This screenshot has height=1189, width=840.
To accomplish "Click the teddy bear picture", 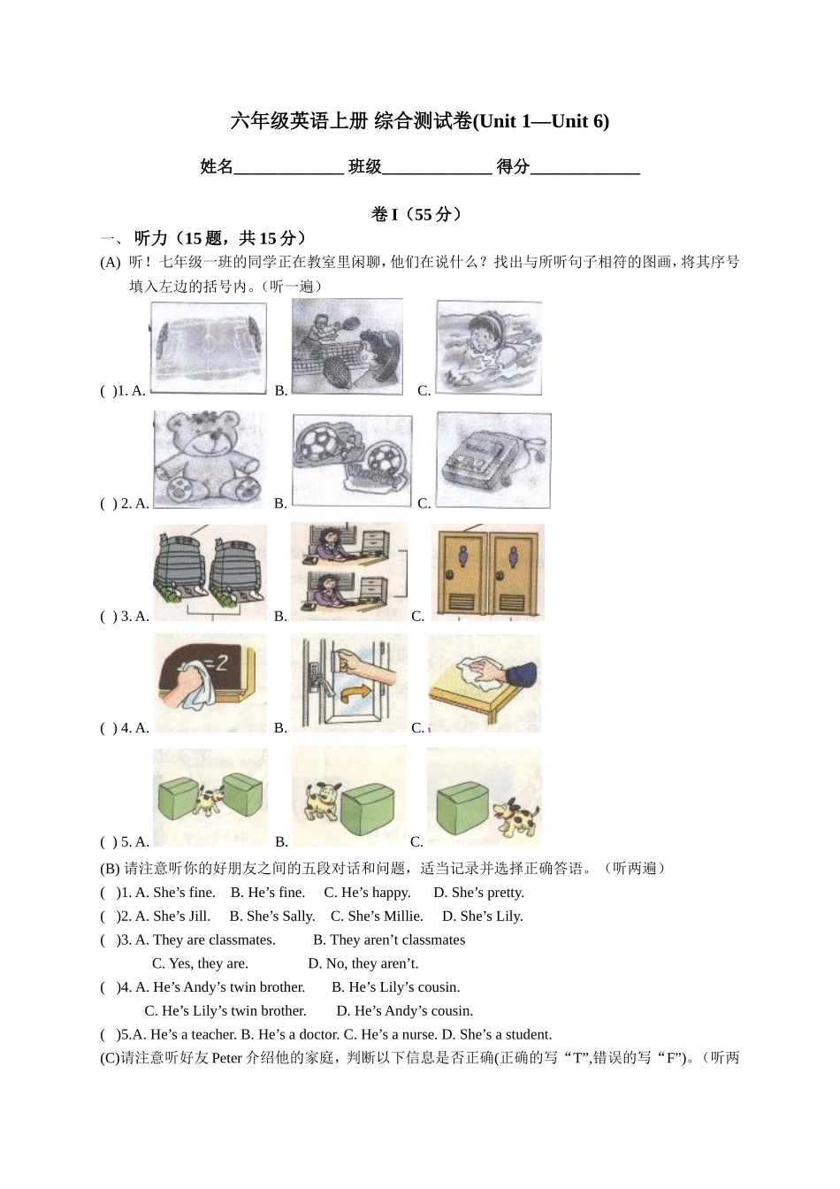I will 210,458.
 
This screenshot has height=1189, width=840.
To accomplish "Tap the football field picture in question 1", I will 209,347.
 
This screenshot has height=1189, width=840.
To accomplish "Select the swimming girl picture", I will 488,347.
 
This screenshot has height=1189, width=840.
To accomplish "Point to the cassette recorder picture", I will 493,460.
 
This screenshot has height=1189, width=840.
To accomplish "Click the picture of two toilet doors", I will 487,571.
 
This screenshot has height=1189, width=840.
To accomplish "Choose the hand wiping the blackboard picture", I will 210,683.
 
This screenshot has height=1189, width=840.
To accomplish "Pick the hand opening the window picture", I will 349,681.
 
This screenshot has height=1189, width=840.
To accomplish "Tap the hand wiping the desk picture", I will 485,683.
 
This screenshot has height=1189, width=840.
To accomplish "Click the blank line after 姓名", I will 288,168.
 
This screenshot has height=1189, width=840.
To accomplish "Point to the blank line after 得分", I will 584,168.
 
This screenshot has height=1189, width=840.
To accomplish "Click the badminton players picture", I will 347,347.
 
